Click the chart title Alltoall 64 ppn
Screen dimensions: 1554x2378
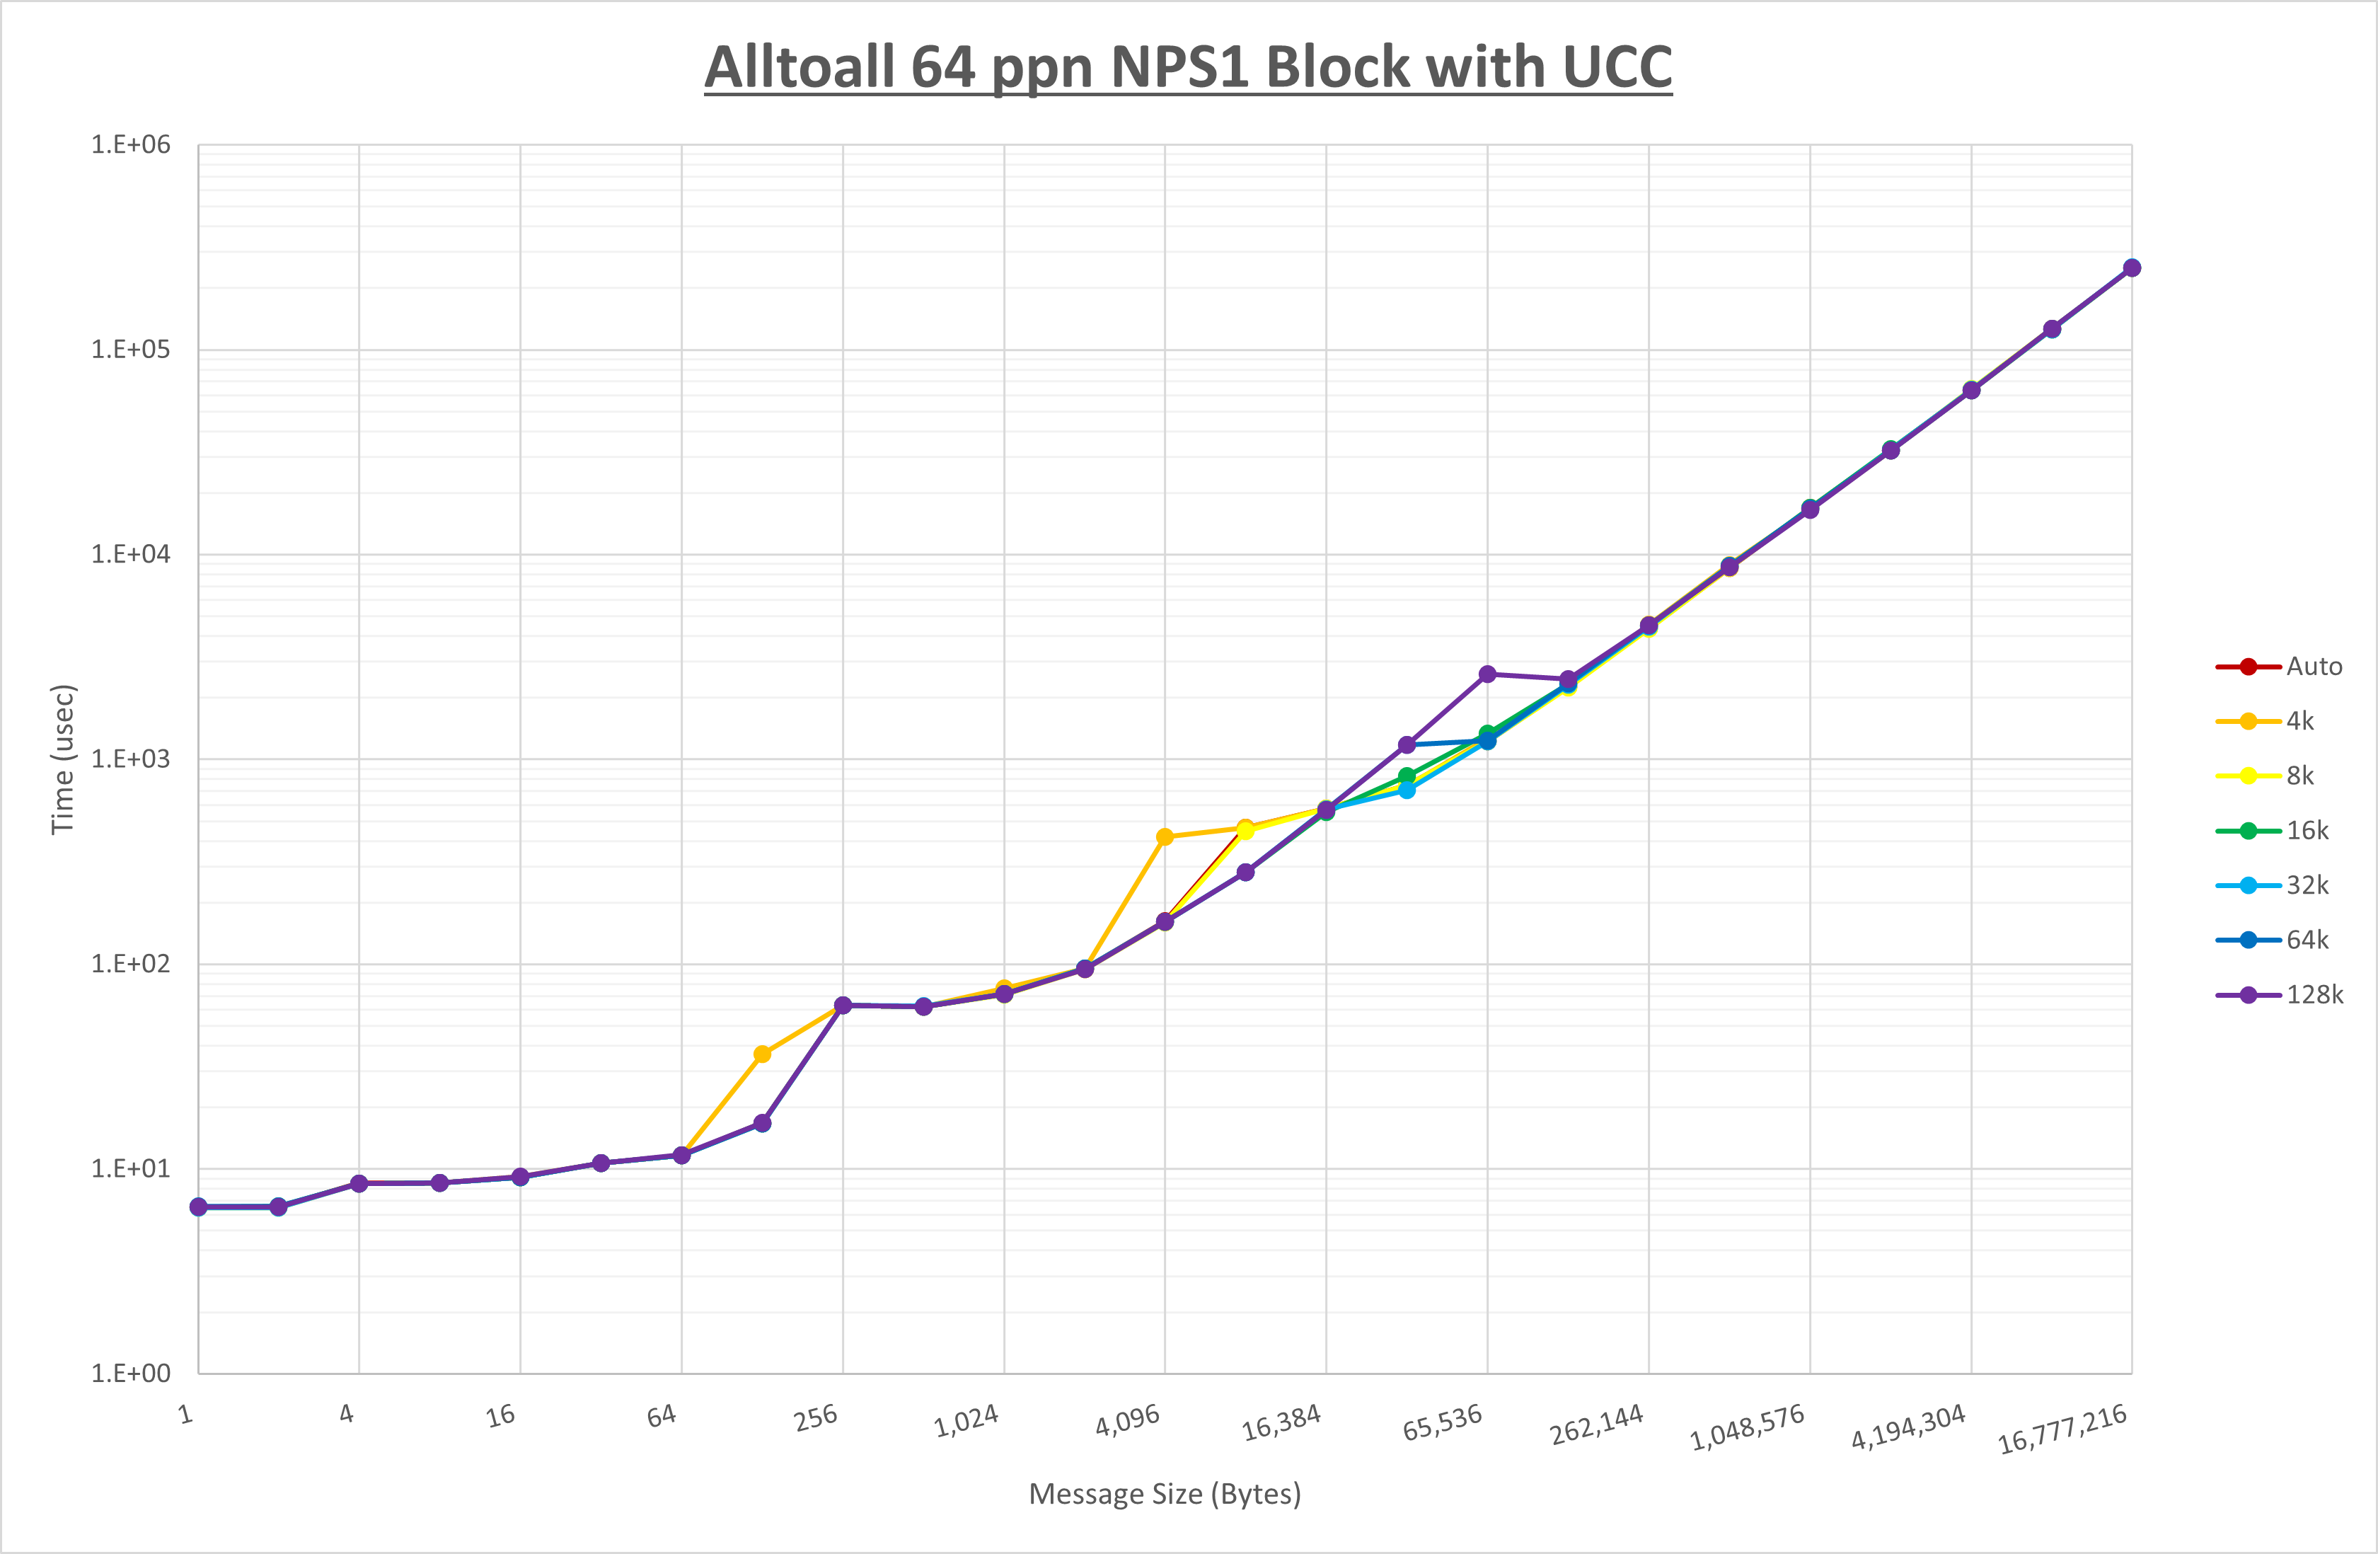(1187, 67)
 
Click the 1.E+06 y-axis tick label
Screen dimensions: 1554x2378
(131, 145)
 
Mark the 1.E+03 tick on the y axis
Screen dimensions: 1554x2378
(131, 759)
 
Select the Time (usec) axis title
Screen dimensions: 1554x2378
(63, 759)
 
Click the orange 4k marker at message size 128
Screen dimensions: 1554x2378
(762, 1054)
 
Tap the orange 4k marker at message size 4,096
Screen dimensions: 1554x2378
(1165, 837)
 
